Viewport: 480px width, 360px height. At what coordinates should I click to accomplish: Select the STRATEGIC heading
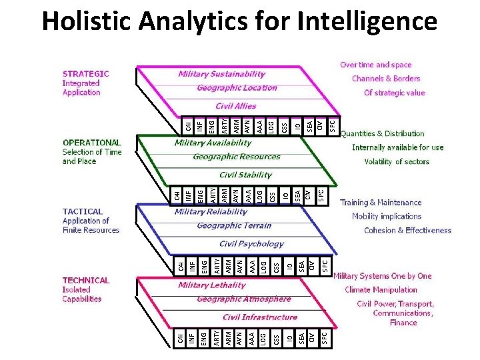85,74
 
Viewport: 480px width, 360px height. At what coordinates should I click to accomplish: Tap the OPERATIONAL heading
91,143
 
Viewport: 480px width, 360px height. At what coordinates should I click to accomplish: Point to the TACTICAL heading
83,211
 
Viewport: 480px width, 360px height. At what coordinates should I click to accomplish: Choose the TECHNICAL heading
85,280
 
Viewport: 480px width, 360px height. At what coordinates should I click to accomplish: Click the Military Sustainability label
221,74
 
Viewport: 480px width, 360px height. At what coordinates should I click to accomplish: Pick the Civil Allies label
235,106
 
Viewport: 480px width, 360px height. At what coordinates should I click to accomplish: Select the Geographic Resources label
236,157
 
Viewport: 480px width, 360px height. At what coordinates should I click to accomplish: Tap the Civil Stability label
245,175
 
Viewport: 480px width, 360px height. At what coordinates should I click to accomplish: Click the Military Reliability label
211,212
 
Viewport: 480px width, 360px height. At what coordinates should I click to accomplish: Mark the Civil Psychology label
251,244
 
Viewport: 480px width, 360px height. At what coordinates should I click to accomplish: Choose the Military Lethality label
212,285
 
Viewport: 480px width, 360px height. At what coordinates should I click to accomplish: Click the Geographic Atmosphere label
244,299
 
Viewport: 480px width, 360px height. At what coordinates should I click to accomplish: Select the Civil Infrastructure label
259,317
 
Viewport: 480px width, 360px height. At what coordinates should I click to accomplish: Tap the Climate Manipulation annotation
381,289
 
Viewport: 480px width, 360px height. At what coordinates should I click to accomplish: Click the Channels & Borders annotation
386,79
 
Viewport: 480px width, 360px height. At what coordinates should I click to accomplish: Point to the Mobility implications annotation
387,217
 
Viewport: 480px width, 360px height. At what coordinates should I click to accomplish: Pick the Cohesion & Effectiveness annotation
407,231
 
